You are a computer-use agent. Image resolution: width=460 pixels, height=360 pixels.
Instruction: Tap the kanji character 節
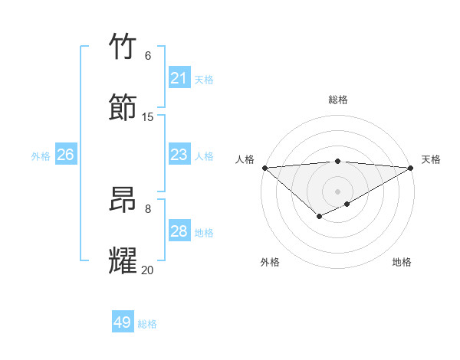pos(124,107)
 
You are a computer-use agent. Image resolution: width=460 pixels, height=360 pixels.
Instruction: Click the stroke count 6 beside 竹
pos(148,56)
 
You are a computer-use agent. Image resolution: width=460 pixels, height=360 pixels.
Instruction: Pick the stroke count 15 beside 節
pos(148,117)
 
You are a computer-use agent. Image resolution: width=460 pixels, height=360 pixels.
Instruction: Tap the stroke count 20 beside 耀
pos(148,270)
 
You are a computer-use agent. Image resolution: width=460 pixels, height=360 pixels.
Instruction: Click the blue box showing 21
pos(179,78)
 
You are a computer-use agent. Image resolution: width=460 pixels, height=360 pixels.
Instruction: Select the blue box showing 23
pos(179,155)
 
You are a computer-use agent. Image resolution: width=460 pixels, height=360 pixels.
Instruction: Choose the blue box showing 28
pos(179,231)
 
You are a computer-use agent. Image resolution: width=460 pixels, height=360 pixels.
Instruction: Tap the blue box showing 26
pos(65,155)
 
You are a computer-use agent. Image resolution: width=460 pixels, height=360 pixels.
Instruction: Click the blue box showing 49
pos(123,322)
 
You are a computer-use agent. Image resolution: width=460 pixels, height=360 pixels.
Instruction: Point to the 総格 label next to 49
pos(148,324)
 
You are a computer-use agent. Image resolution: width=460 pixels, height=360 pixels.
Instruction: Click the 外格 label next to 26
pos(41,156)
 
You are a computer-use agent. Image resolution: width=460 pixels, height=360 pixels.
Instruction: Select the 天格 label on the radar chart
pos(431,159)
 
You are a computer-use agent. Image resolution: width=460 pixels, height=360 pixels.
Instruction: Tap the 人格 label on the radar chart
pos(245,159)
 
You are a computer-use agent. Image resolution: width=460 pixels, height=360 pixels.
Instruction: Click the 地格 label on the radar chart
pos(402,262)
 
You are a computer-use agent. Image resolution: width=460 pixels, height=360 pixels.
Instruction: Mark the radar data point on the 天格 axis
pos(411,168)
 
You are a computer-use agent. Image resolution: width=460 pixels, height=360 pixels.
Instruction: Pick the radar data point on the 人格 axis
pos(264,168)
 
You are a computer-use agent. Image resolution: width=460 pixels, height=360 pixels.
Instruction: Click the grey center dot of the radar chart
pos(337,191)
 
